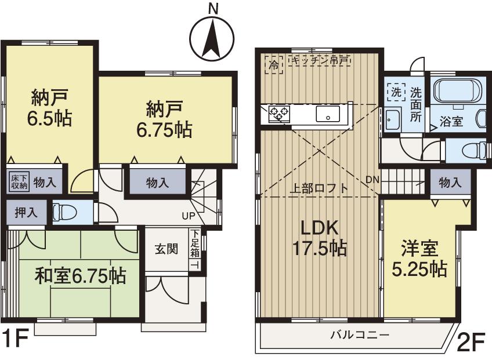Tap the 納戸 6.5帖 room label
tap(49, 107)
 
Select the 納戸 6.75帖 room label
tap(165, 119)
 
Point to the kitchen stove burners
tap(279, 114)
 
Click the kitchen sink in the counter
tap(327, 114)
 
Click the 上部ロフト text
tap(319, 188)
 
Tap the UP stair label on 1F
tap(189, 216)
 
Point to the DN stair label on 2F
tap(372, 179)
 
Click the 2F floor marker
tap(471, 344)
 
